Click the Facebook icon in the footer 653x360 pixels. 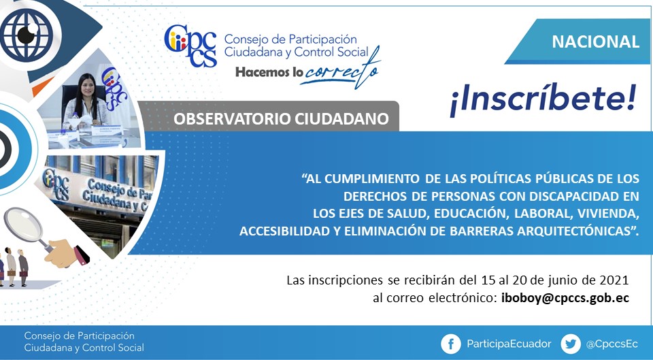[x=451, y=344]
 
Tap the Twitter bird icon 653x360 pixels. [x=571, y=344]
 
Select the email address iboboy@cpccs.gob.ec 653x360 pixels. [x=565, y=298]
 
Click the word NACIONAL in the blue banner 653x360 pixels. [x=596, y=42]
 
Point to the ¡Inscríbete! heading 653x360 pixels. [x=543, y=100]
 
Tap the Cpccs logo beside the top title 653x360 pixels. [x=190, y=46]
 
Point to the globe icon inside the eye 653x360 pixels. [x=27, y=35]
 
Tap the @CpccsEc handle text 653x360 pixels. [x=612, y=344]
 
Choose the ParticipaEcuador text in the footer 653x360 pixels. [x=509, y=344]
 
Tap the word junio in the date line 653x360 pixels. [x=565, y=280]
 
